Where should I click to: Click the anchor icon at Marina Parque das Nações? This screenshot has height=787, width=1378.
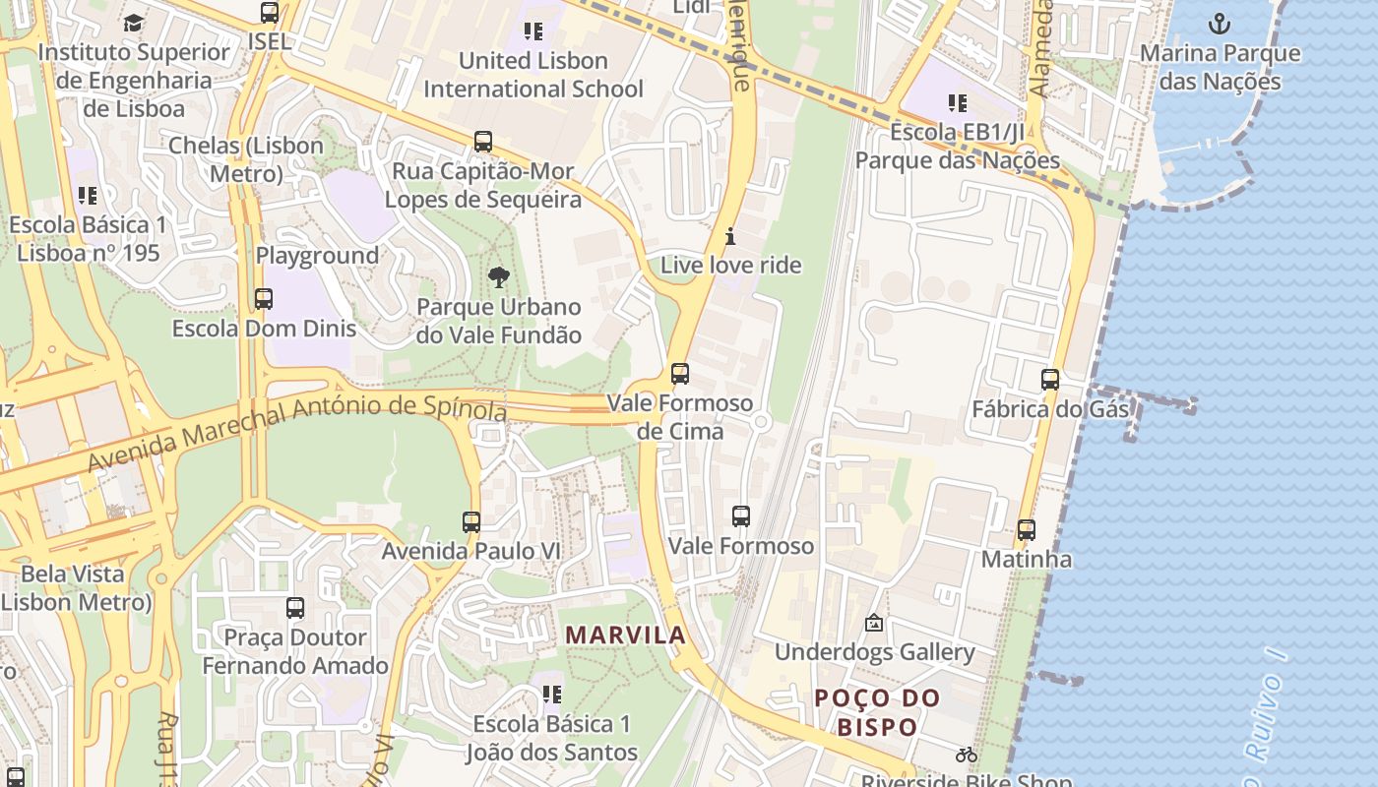[1220, 23]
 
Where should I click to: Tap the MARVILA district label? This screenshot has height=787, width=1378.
[626, 636]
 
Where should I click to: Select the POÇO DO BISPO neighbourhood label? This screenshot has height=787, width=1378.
[877, 712]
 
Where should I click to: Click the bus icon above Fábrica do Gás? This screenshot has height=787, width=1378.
[1050, 379]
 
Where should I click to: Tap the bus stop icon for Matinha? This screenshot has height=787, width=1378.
[1027, 530]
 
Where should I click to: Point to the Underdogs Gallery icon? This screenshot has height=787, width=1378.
[873, 623]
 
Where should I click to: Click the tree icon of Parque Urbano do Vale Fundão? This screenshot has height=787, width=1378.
[499, 276]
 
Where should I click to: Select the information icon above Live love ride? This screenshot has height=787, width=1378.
[730, 236]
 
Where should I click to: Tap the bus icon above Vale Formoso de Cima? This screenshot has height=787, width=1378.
[679, 374]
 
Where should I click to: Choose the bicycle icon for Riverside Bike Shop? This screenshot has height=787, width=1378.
[967, 755]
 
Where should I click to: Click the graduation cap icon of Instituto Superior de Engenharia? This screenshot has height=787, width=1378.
[133, 23]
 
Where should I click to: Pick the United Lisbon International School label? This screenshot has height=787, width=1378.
[533, 75]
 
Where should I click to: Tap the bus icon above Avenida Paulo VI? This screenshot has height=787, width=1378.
[471, 522]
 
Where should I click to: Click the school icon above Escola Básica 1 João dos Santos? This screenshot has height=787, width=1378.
[552, 695]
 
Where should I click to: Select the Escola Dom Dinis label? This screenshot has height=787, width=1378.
[264, 328]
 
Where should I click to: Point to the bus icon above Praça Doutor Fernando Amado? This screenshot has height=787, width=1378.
[295, 608]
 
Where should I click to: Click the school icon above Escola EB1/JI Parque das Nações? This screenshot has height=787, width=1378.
[958, 102]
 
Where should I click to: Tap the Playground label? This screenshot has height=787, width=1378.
[317, 256]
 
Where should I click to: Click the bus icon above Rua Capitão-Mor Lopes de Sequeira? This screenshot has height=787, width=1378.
[482, 142]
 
